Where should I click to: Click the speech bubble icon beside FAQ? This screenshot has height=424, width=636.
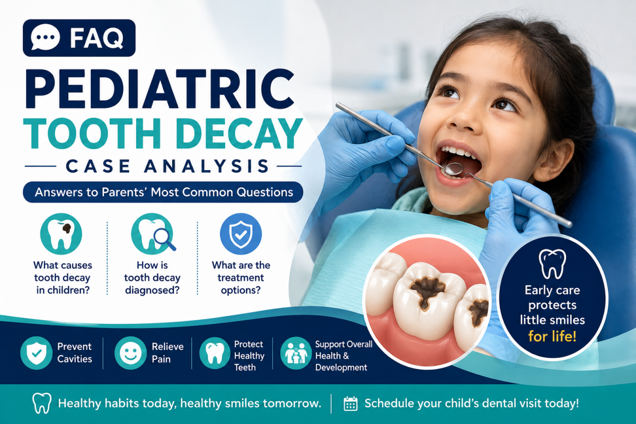[46, 38]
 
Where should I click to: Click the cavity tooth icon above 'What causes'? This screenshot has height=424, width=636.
[61, 234]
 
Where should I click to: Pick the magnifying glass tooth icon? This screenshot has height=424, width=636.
[153, 234]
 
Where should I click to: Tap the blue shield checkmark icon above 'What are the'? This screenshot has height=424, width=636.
[241, 234]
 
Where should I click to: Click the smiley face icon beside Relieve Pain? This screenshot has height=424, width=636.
[130, 353]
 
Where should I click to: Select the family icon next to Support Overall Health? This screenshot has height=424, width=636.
[296, 353]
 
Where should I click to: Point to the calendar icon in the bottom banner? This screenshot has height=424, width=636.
[350, 403]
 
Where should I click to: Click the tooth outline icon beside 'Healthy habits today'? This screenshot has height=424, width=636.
[42, 403]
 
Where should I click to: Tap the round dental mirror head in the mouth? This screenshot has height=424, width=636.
[454, 168]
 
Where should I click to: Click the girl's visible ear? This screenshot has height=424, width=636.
[554, 161]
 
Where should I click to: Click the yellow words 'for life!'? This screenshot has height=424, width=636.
[552, 337]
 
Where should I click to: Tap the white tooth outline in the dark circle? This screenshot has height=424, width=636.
[552, 264]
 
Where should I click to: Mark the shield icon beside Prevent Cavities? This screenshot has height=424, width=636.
[37, 353]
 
